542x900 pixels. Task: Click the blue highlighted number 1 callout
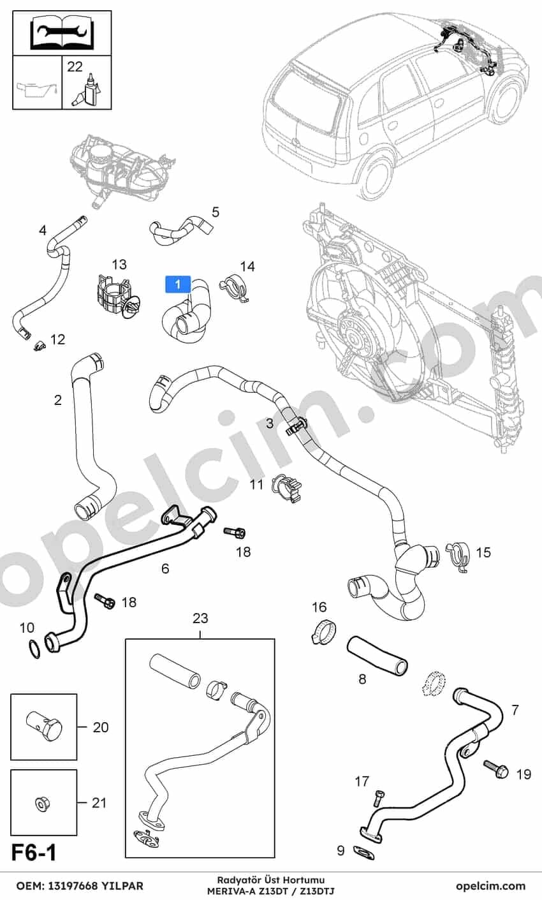coord(178,284)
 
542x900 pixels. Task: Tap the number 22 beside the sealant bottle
coord(75,66)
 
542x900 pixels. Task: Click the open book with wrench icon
coord(62,32)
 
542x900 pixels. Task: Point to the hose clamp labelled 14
coord(235,287)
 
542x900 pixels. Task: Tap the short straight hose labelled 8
coord(376,655)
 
